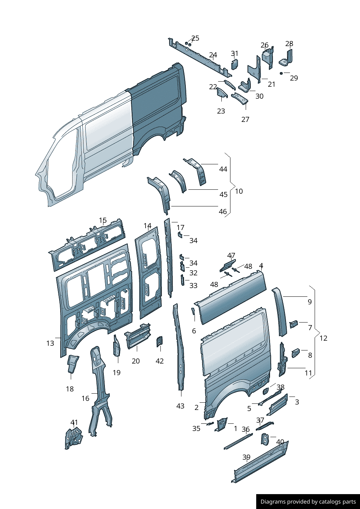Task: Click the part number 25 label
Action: tap(195, 38)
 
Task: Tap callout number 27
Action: tap(245, 119)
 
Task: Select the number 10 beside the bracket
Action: tap(239, 191)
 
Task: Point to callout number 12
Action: tap(323, 338)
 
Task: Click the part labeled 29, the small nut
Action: tap(281, 73)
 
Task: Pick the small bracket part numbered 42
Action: tap(159, 341)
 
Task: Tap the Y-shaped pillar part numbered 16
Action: tap(99, 388)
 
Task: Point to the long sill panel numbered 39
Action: tap(261, 462)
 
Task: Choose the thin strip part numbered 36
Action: tap(238, 441)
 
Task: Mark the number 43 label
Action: tap(180, 406)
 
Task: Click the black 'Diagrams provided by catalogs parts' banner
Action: tap(308, 501)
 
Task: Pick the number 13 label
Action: tap(50, 343)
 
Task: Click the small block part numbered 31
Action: tap(234, 65)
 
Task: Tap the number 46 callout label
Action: tap(223, 212)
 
